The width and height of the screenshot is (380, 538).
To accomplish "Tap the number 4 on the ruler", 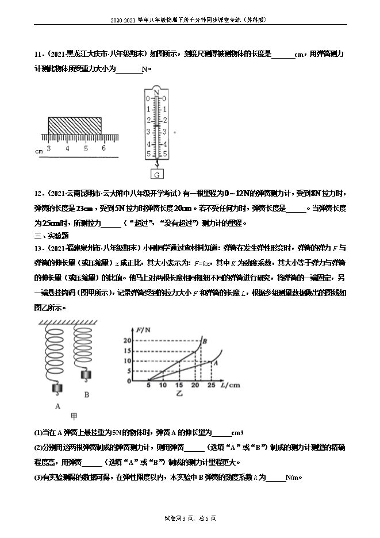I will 67,148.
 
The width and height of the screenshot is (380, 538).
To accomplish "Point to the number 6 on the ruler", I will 103,148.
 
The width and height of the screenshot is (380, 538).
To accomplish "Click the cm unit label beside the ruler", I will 39,152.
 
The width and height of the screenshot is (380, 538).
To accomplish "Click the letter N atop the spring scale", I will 156,90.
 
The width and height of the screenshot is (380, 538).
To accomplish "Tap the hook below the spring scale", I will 156,164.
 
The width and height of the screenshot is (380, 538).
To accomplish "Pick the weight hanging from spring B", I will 87,377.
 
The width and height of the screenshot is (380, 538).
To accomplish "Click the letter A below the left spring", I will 58,406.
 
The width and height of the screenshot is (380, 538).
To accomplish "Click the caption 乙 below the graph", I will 178,395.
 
